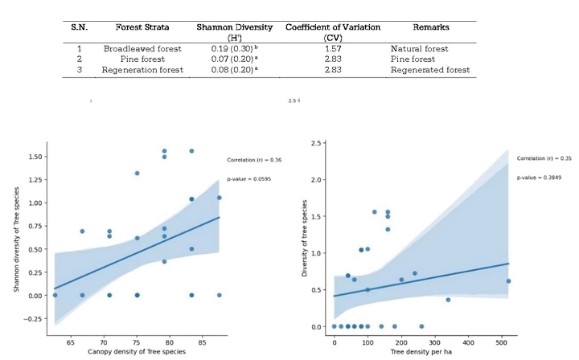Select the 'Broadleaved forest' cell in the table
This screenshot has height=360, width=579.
142,48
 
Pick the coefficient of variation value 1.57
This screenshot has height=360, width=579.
332,48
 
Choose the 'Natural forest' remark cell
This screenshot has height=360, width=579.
418,48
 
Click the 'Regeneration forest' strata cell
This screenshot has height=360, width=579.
142,70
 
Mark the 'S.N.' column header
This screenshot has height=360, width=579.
79,27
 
